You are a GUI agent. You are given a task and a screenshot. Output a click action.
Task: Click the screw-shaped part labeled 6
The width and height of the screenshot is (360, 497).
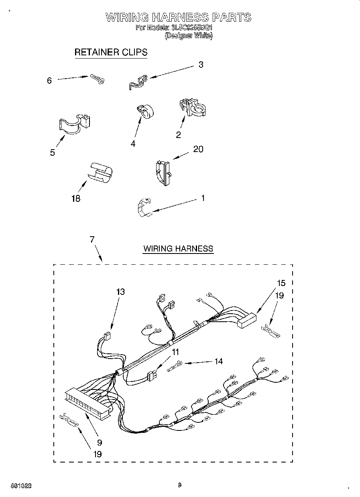click(97, 79)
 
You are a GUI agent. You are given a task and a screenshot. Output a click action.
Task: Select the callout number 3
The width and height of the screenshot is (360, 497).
click(201, 65)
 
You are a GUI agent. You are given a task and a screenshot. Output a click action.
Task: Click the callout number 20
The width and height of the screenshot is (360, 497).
click(198, 149)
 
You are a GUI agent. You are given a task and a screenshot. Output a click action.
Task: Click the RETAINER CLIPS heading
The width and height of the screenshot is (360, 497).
click(111, 52)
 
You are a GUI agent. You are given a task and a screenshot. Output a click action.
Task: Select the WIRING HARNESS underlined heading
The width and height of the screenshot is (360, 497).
click(178, 249)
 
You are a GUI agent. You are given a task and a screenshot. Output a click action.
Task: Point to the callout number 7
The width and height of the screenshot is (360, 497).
click(92, 239)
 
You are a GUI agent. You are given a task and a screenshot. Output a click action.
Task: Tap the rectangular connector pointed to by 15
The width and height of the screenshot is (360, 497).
click(246, 320)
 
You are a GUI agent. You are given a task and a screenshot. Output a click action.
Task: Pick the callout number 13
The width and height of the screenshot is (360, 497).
click(120, 292)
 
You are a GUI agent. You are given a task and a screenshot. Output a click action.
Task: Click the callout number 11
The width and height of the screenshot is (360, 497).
click(175, 352)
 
